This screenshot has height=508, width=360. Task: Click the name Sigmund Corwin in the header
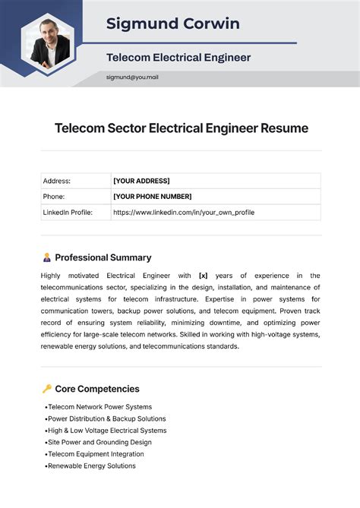pos(172,24)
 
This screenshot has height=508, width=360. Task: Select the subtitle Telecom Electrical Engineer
pos(178,57)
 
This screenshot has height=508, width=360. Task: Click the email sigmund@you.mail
pos(132,77)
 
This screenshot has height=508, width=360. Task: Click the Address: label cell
pos(57,181)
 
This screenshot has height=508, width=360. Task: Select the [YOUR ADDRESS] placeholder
pos(141,181)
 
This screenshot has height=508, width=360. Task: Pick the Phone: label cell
pos(55,197)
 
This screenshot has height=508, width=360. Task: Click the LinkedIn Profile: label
pos(68,213)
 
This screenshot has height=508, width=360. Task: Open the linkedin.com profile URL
pos(183,213)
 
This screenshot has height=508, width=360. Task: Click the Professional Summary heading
pos(103,257)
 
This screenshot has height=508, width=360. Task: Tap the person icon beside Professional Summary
pos(47,257)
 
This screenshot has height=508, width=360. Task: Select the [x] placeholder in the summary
pos(203,276)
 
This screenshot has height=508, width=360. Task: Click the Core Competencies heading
pos(97,389)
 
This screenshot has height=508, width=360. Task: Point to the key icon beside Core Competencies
pos(47,389)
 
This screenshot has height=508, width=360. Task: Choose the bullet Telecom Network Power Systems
pos(99,407)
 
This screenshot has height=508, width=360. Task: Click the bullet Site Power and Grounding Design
pos(99,442)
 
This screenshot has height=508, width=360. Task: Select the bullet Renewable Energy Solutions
pos(91,465)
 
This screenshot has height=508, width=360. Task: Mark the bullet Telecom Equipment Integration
pos(95,454)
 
